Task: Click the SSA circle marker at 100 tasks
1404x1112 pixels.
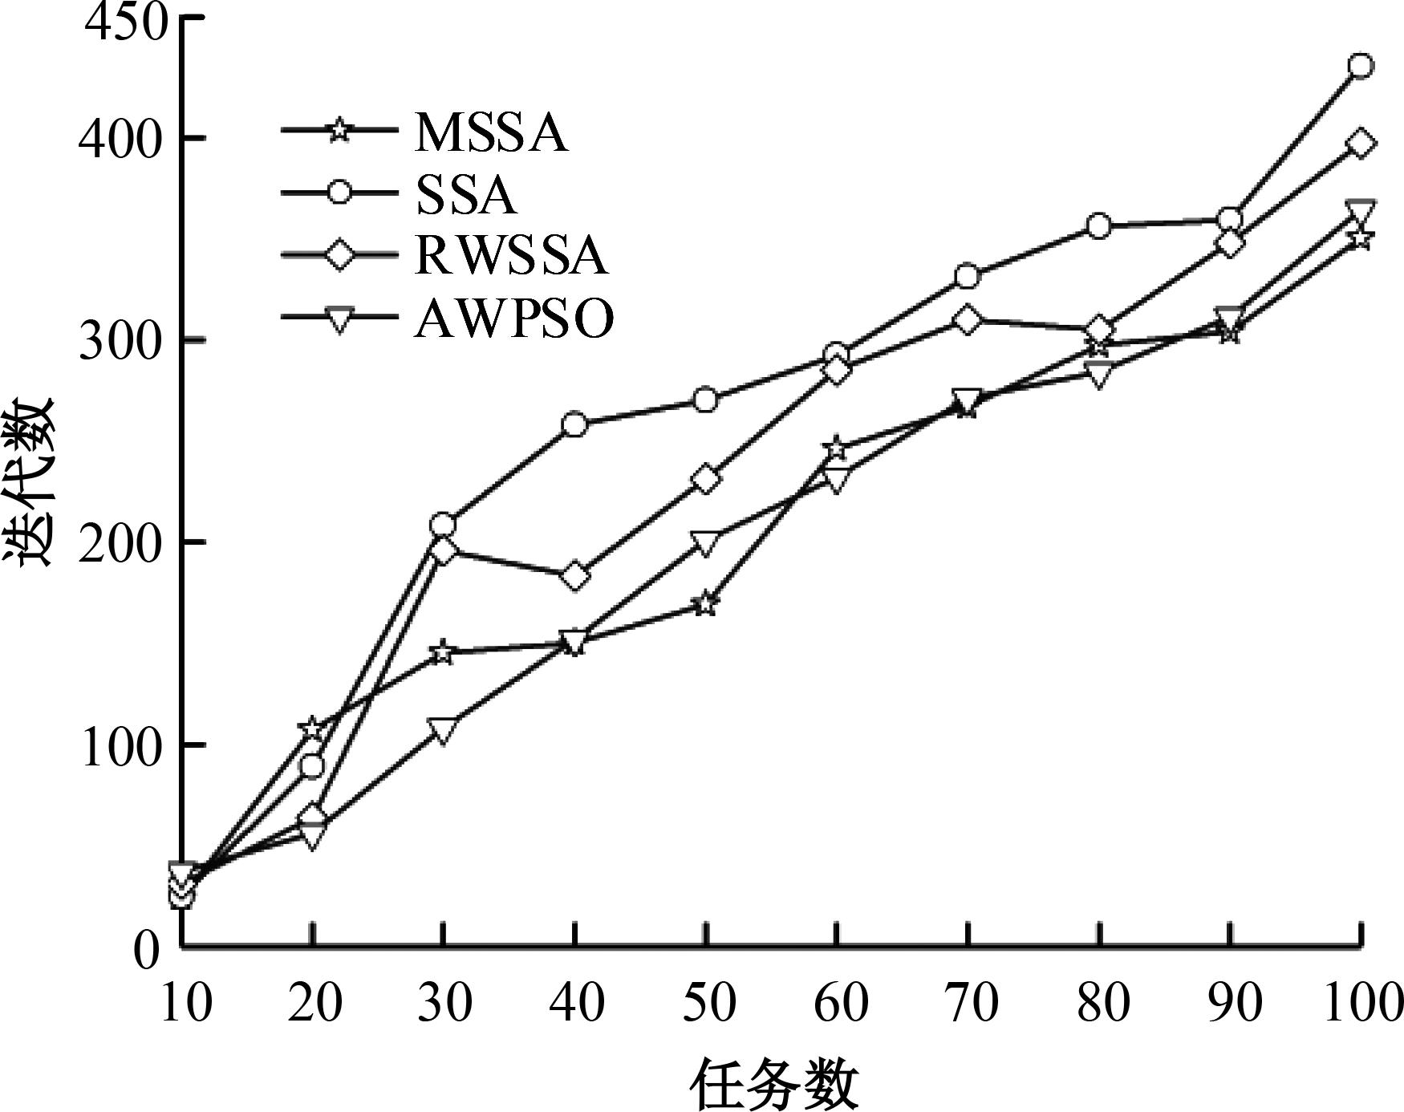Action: pyautogui.click(x=1360, y=66)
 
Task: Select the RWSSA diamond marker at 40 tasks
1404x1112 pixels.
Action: pyautogui.click(x=574, y=575)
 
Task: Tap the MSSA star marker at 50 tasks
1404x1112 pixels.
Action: pyautogui.click(x=705, y=603)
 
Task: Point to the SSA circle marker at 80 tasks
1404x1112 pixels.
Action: pyautogui.click(x=1098, y=226)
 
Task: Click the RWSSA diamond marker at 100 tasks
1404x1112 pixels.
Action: pyautogui.click(x=1360, y=144)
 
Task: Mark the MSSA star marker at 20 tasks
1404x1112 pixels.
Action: pyautogui.click(x=313, y=728)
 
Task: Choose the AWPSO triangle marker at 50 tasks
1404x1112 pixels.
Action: pyautogui.click(x=705, y=543)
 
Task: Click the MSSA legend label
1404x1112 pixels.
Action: pyautogui.click(x=491, y=132)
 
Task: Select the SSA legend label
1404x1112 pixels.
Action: pyautogui.click(x=466, y=195)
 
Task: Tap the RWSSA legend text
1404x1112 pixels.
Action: pyautogui.click(x=511, y=256)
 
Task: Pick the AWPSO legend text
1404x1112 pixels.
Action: pyautogui.click(x=514, y=319)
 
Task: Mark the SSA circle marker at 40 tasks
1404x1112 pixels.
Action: pyautogui.click(x=574, y=424)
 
